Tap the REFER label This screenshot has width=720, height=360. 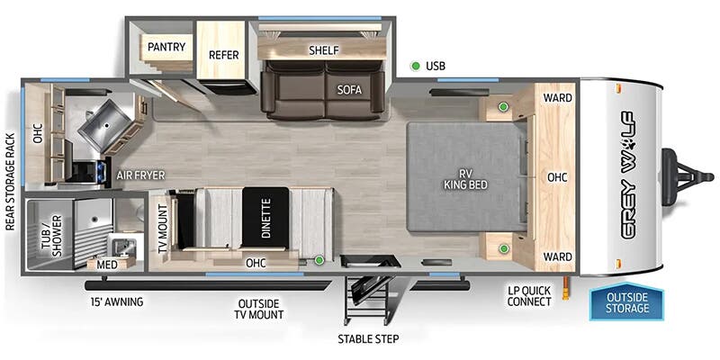click(222, 55)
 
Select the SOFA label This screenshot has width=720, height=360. click(349, 89)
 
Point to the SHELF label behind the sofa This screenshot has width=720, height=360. click(322, 50)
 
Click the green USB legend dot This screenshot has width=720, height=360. click(415, 66)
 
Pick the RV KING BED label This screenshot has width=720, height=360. click(464, 176)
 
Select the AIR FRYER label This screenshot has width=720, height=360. click(138, 175)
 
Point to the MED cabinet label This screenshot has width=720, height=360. click(105, 265)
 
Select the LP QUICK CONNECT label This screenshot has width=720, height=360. click(528, 296)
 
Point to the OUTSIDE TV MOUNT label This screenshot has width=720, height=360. click(260, 309)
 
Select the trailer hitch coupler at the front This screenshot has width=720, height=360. click(682, 167)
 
